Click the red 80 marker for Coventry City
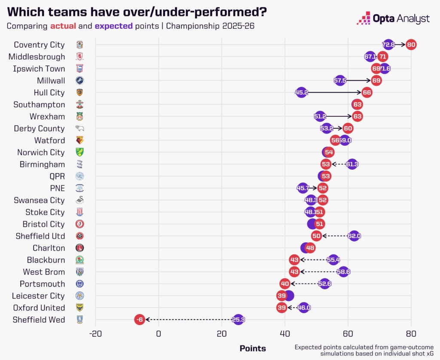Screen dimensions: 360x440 411,45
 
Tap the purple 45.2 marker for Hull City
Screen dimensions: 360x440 302,92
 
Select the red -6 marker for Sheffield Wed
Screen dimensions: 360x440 139,320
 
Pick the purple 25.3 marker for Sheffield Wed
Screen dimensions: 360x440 238,320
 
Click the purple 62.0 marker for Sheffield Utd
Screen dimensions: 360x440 354,236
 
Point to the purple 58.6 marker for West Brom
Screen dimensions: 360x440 343,272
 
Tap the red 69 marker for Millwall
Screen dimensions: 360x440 376,80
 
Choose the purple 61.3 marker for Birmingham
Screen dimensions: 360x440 352,164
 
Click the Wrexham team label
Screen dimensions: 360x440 47,116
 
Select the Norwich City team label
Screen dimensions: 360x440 41,153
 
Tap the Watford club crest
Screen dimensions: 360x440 79,140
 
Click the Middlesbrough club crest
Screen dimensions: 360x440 79,57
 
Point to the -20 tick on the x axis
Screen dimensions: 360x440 95,334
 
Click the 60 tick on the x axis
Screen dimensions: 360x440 348,334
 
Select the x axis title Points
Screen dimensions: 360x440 253,348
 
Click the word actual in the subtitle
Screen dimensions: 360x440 63,26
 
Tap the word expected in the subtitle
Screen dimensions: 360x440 114,26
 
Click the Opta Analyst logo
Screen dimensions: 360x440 394,18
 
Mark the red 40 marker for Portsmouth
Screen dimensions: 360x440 285,284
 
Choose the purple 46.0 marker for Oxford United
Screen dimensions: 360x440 303,308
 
